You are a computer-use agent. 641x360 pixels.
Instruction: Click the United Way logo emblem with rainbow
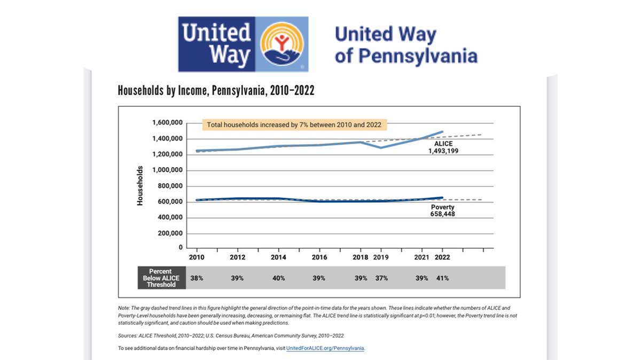point(284,44)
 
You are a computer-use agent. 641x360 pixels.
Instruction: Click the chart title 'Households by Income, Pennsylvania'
point(216,91)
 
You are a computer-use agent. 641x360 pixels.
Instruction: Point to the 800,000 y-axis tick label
point(169,186)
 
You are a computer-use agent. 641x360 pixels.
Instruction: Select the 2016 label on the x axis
point(319,257)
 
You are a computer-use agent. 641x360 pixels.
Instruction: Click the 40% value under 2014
point(279,278)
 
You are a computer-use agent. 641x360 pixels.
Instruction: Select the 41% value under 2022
point(442,278)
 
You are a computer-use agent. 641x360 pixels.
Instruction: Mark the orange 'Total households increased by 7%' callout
point(294,125)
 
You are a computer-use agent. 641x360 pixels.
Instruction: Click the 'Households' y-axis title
point(140,186)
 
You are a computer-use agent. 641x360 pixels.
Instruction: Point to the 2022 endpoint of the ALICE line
point(442,131)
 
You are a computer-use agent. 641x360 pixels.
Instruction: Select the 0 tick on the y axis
point(181,248)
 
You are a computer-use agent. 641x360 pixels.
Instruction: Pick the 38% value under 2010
point(196,278)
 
